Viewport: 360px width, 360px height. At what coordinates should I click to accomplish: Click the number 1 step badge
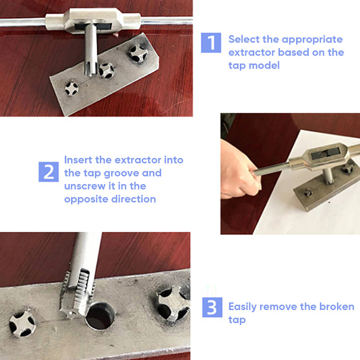coord(211,43)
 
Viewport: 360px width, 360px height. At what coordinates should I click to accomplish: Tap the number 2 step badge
coord(49,171)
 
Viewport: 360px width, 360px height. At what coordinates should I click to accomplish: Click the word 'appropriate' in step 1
coord(314,39)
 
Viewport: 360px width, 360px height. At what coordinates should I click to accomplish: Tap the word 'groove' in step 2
coord(140,173)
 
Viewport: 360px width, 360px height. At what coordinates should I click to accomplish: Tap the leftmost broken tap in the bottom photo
coord(22,323)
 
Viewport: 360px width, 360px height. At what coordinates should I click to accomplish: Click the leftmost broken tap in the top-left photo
coord(72,88)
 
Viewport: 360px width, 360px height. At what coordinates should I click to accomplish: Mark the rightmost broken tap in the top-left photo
coord(138,53)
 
